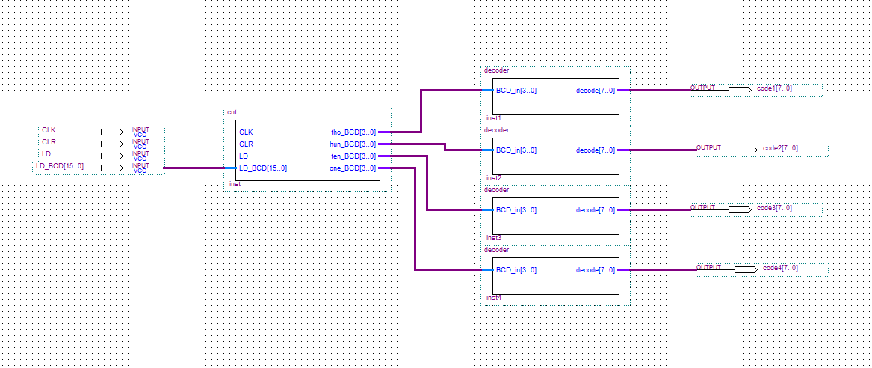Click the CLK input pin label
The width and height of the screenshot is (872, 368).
[49, 130]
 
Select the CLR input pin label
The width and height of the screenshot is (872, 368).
[49, 141]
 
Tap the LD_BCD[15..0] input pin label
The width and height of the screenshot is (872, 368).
[60, 166]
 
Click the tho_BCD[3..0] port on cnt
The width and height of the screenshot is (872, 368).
[353, 132]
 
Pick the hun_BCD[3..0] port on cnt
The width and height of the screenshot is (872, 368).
[353, 144]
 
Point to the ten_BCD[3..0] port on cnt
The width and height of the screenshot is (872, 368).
[353, 156]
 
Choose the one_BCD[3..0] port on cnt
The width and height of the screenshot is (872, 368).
[353, 168]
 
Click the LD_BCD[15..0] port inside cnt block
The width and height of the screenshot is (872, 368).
[263, 168]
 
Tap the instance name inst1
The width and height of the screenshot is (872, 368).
[493, 118]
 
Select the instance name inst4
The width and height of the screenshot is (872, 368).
[493, 298]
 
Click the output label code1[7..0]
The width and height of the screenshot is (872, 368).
[774, 88]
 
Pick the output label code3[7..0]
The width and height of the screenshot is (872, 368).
[774, 208]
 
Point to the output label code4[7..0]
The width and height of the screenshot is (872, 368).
[780, 268]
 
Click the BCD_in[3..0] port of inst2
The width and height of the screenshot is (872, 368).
[516, 150]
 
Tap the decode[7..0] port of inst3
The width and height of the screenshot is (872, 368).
[596, 210]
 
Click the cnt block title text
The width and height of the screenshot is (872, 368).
[232, 112]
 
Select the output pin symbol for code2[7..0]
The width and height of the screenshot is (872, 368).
[745, 150]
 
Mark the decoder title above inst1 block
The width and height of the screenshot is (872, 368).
[496, 70]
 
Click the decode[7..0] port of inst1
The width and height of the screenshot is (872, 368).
[596, 91]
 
